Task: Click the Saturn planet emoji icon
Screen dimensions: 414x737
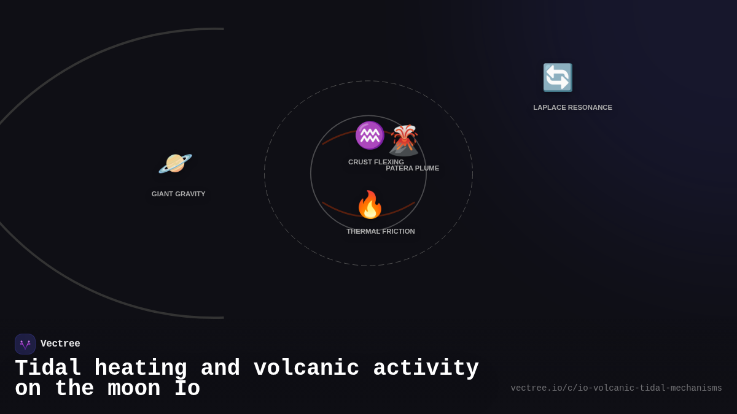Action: [x=175, y=164]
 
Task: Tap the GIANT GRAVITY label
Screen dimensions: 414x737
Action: [x=178, y=194]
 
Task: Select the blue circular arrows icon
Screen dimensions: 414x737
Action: [x=558, y=78]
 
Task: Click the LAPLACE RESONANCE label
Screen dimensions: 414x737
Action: [x=572, y=107]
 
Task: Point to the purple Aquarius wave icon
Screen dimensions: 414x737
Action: [x=369, y=136]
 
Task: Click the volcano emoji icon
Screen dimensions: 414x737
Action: [x=404, y=140]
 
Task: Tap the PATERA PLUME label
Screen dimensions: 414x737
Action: [x=413, y=168]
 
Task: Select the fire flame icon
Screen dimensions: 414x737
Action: [x=370, y=205]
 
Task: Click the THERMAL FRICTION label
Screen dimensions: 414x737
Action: [x=380, y=231]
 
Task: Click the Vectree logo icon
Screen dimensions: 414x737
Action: [x=25, y=344]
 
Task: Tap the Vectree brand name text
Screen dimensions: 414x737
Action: [x=60, y=344]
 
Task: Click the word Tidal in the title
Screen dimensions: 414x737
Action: [x=48, y=369]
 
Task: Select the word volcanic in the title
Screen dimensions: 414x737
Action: [x=306, y=369]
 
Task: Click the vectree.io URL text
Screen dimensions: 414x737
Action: [x=616, y=388]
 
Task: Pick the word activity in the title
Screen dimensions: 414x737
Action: [x=426, y=369]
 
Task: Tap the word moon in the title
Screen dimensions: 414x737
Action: [x=135, y=389]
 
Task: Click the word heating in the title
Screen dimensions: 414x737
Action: [x=141, y=369]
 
